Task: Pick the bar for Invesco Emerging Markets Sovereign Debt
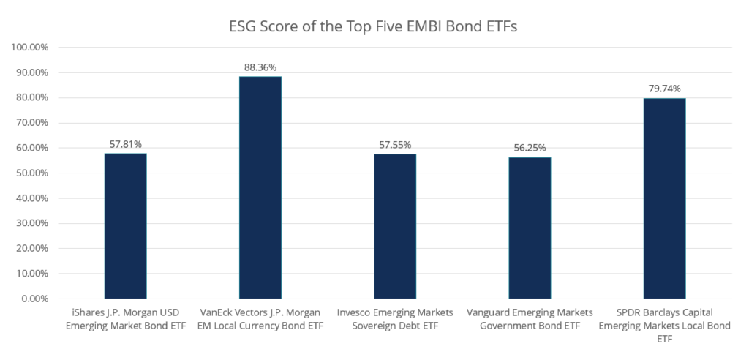click(395, 226)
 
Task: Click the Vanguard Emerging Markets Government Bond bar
click(530, 228)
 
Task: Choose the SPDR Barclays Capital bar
click(664, 198)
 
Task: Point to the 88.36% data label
click(260, 67)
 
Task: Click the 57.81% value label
click(125, 144)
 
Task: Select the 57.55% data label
click(395, 145)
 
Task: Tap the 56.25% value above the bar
click(530, 148)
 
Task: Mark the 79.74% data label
click(664, 89)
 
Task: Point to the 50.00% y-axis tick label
click(30, 173)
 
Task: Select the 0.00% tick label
click(33, 299)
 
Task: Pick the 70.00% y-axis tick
click(30, 123)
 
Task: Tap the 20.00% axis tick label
click(30, 249)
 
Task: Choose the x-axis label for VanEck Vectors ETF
click(260, 318)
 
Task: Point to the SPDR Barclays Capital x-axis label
click(664, 326)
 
